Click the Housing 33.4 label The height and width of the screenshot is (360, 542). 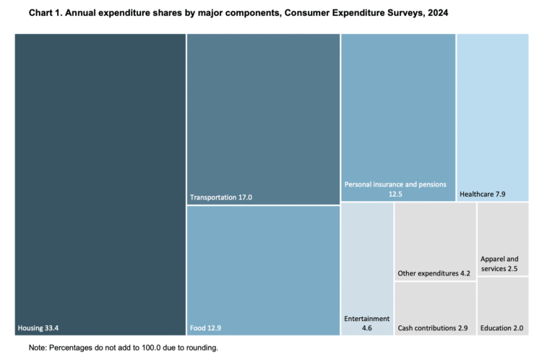(x=38, y=327)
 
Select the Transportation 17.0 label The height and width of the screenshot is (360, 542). (x=220, y=197)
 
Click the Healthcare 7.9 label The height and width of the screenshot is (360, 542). (x=481, y=194)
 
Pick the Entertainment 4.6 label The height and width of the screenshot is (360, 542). (x=366, y=322)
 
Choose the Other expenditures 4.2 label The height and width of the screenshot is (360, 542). (x=434, y=273)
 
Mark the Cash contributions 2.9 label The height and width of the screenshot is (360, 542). (x=433, y=327)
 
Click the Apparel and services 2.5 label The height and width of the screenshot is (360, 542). (x=499, y=264)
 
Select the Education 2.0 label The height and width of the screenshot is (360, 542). (x=502, y=327)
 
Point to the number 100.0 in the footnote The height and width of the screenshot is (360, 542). (x=152, y=348)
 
